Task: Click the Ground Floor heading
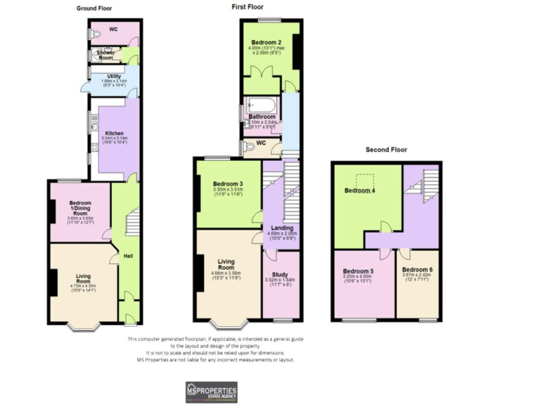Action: [94, 8]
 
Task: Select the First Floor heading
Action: [248, 6]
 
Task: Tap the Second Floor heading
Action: [386, 150]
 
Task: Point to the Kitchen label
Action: [115, 133]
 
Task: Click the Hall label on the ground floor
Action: [129, 256]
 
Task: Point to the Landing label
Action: [283, 228]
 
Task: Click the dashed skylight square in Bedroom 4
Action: [365, 181]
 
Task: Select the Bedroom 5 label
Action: [358, 271]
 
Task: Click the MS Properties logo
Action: [211, 391]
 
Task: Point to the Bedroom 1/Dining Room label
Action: [80, 209]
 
